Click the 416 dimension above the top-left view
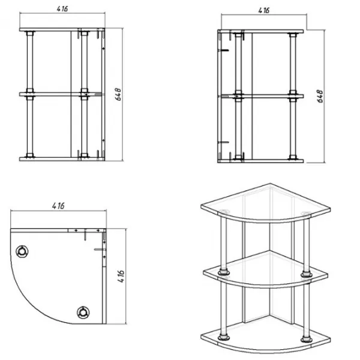tap(62, 9)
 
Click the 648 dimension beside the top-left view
tap(118, 94)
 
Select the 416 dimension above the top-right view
tap(264, 11)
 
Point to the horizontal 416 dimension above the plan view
tap(58, 206)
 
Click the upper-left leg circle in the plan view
tap(22, 251)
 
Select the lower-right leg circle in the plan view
tap(83, 312)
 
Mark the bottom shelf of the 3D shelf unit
tap(266, 337)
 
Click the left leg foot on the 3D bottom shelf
tap(224, 337)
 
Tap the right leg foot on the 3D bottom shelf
tap(306, 339)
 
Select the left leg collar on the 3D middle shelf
tap(224, 272)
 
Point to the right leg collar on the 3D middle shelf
tap(306, 274)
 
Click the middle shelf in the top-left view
tap(60, 94)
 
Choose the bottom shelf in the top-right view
tap(260, 161)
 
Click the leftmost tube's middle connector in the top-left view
tap(30, 94)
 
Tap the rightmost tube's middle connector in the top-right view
tap(293, 96)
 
